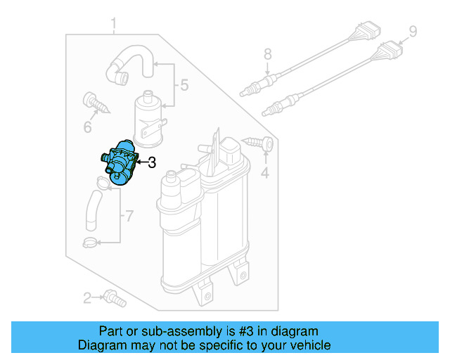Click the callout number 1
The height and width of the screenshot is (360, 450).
click(113, 27)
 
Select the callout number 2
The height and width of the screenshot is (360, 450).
click(87, 299)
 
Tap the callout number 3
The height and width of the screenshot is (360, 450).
click(151, 163)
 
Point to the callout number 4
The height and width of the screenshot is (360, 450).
click(265, 172)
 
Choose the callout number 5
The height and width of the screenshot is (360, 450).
click(184, 86)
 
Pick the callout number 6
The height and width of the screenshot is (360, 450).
click(88, 127)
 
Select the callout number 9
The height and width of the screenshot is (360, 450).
click(413, 31)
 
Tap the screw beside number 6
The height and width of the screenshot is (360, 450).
click(96, 103)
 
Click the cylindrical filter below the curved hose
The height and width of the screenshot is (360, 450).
click(150, 115)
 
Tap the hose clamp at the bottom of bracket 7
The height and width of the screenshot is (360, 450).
click(91, 243)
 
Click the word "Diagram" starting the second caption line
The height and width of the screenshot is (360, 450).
click(104, 345)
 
